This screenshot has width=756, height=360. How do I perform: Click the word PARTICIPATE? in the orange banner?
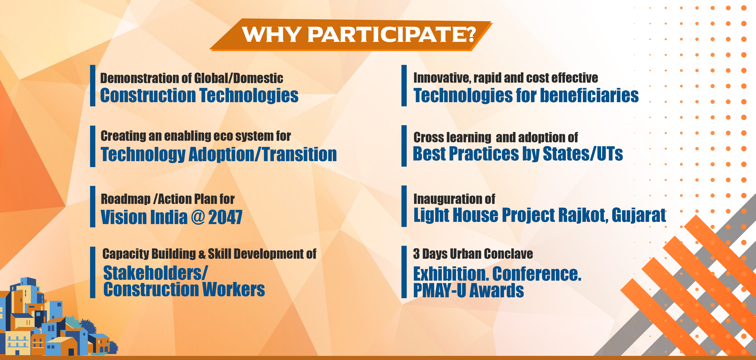(392, 35)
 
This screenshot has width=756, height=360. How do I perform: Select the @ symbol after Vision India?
(198, 217)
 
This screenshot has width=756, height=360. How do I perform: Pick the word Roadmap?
(126, 199)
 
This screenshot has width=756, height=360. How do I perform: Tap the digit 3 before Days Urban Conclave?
(416, 254)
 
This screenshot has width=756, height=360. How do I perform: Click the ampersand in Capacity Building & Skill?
(202, 254)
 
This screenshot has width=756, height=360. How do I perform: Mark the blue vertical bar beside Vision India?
(93, 207)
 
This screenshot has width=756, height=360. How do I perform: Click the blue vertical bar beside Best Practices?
(404, 146)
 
